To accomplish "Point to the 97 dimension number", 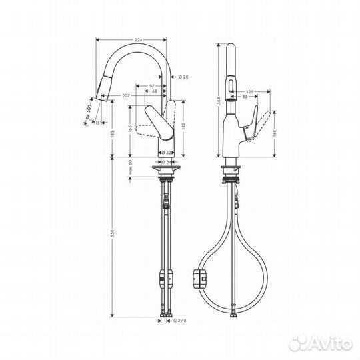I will click(x=152, y=85).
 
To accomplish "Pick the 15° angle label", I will click(x=98, y=122).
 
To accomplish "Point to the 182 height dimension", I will click(x=182, y=125).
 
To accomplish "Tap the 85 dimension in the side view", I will click(x=247, y=97).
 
